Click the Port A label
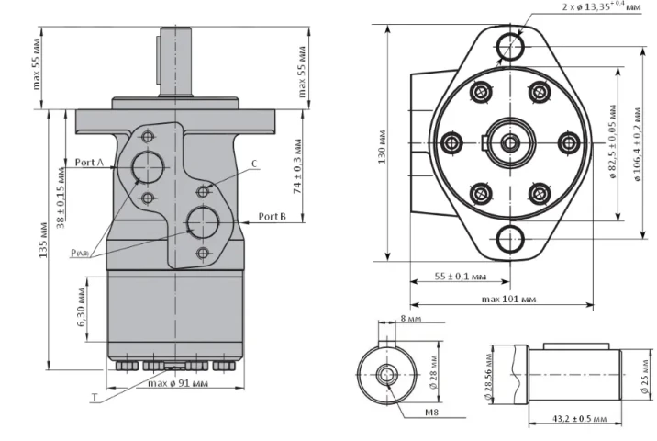pos(89,163)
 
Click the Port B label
pos(273,217)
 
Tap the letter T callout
pos(95,398)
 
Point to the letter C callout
pos(254,164)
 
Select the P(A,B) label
pos(80,253)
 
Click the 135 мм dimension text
pos(43,241)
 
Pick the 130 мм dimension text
pos(382,147)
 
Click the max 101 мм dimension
pos(508,300)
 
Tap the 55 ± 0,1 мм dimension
pos(461,277)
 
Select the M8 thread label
pos(431,412)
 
